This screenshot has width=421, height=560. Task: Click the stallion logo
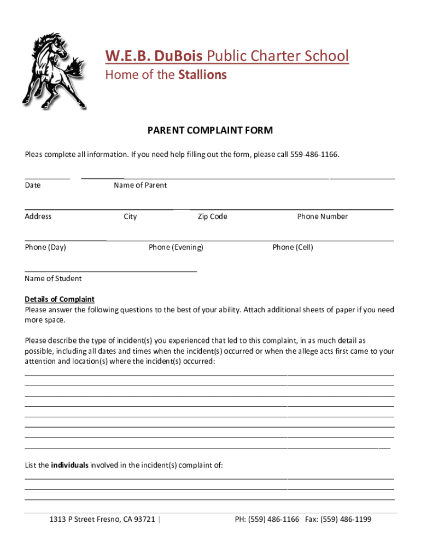[54, 70]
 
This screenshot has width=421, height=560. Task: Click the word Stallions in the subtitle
[202, 75]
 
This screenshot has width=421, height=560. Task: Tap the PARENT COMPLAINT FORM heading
[210, 130]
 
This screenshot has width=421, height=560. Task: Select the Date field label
[33, 185]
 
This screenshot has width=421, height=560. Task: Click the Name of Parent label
[141, 185]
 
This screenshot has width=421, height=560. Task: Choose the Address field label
[38, 217]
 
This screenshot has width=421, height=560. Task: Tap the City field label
[130, 217]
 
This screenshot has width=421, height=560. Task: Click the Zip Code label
[212, 217]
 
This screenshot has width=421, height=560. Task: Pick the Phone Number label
[322, 217]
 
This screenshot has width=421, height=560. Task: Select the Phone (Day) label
[45, 247]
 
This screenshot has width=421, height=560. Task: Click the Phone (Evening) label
[176, 247]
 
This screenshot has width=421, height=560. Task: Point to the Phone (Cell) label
[293, 247]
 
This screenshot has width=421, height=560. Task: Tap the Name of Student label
[53, 278]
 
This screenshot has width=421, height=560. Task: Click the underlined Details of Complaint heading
[60, 299]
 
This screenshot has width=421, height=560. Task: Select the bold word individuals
[70, 465]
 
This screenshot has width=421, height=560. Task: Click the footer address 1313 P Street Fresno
[102, 519]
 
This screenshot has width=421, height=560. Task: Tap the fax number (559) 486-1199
[350, 519]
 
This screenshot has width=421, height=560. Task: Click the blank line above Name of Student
[110, 271]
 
